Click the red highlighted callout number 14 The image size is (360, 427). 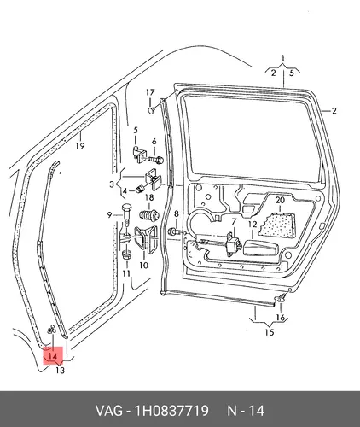53,356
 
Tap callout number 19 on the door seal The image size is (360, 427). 80,146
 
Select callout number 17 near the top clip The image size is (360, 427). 150,92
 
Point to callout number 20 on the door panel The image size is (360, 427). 280,200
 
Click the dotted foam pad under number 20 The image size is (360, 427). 277,225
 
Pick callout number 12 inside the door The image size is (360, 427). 253,225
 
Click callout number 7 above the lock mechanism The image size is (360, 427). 234,221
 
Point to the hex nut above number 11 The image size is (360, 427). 126,254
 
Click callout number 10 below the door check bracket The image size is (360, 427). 144,266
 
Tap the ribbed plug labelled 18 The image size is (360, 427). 148,215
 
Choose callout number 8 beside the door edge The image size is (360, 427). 177,213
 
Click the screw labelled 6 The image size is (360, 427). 156,160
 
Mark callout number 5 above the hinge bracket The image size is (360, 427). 136,131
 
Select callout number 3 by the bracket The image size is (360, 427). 112,184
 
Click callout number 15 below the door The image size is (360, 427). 270,332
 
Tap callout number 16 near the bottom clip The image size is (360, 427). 281,317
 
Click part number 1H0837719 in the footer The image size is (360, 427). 171,411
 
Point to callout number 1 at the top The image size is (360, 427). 282,58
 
